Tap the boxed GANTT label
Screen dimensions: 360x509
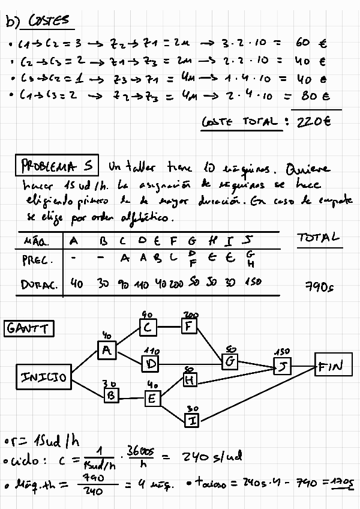tap(29, 329)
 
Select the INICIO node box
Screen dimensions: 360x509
tap(44, 378)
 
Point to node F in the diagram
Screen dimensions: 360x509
tap(190, 327)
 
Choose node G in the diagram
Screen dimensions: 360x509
tap(230, 361)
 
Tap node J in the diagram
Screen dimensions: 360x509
tap(281, 366)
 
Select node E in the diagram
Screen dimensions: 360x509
tap(152, 397)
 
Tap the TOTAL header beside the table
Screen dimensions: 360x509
tap(319, 238)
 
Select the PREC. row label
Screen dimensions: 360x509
tap(38, 261)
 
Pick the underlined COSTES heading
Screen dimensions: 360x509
tap(49, 22)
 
